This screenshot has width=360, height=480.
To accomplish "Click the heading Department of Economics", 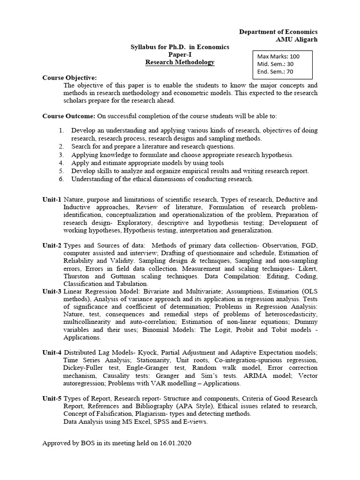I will [278, 31].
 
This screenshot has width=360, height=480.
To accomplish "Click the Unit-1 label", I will [52, 199].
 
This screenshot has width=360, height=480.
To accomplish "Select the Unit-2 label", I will [52, 245].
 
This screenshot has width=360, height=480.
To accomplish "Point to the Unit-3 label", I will [52, 291].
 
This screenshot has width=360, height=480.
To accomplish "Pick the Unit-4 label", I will [52, 352].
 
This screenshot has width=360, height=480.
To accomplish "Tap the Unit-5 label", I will [52, 398].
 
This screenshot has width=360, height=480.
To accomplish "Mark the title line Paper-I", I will [180, 54].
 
